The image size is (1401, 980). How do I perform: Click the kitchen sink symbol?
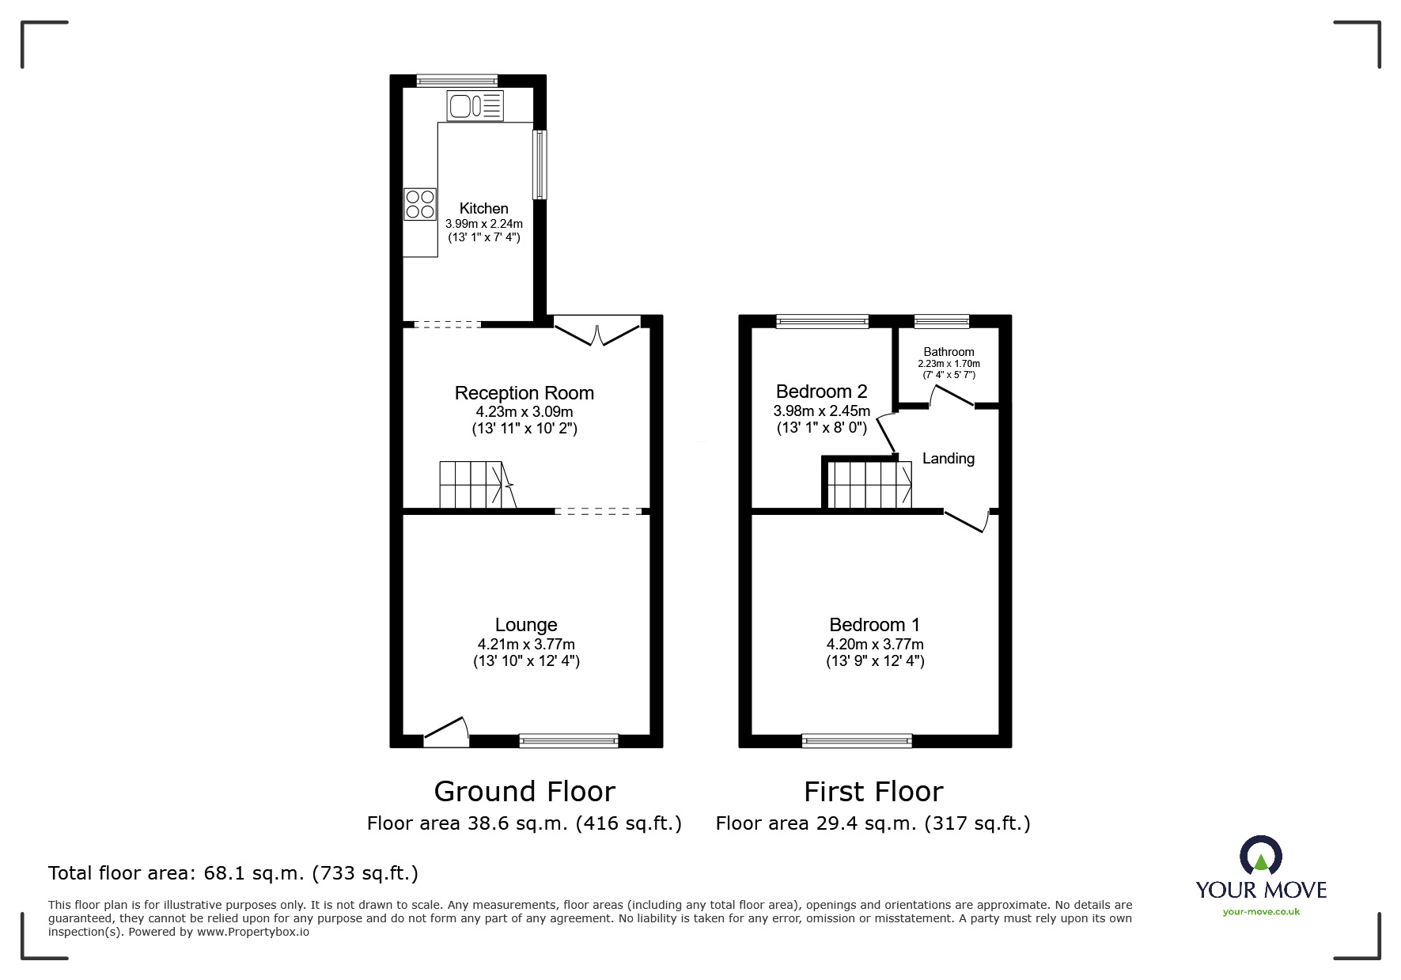pyautogui.click(x=475, y=106)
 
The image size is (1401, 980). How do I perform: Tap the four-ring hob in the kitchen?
pyautogui.click(x=420, y=204)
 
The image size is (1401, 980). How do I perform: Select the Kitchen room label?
pyautogui.click(x=483, y=209)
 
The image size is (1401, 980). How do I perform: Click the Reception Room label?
pyautogui.click(x=524, y=393)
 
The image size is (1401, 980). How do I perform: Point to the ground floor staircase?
pyautogui.click(x=474, y=485)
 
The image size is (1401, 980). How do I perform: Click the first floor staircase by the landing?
pyautogui.click(x=869, y=485)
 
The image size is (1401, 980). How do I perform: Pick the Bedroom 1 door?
pyautogui.click(x=967, y=522)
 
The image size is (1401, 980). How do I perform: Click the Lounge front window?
pyautogui.click(x=569, y=741)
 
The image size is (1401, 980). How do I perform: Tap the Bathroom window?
pyautogui.click(x=941, y=321)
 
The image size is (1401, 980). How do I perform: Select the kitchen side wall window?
pyautogui.click(x=540, y=165)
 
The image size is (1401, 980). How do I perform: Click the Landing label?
pyautogui.click(x=948, y=459)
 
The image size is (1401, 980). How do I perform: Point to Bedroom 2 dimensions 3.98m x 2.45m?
pyautogui.click(x=821, y=411)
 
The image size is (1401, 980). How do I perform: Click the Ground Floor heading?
pyautogui.click(x=524, y=792)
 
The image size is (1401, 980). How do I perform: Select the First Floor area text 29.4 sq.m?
pyautogui.click(x=873, y=824)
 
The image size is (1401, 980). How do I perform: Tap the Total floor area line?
pyautogui.click(x=233, y=873)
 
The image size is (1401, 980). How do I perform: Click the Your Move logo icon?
pyautogui.click(x=1260, y=857)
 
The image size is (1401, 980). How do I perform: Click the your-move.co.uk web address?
pyautogui.click(x=1261, y=912)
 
